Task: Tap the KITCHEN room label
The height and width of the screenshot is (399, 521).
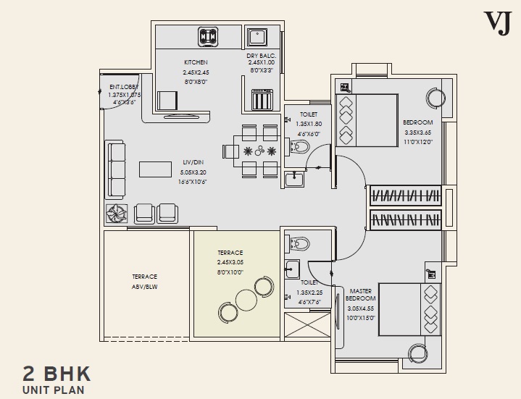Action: (195, 62)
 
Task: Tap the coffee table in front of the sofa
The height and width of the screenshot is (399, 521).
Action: (158, 169)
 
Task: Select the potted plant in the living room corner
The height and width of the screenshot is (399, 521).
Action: (117, 212)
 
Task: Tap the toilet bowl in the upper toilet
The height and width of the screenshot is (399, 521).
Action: (300, 148)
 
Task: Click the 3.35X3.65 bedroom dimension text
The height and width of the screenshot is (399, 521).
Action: (417, 133)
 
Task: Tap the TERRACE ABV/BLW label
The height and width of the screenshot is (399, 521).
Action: (144, 281)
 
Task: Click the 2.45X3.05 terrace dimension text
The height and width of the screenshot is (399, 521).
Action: (229, 261)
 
